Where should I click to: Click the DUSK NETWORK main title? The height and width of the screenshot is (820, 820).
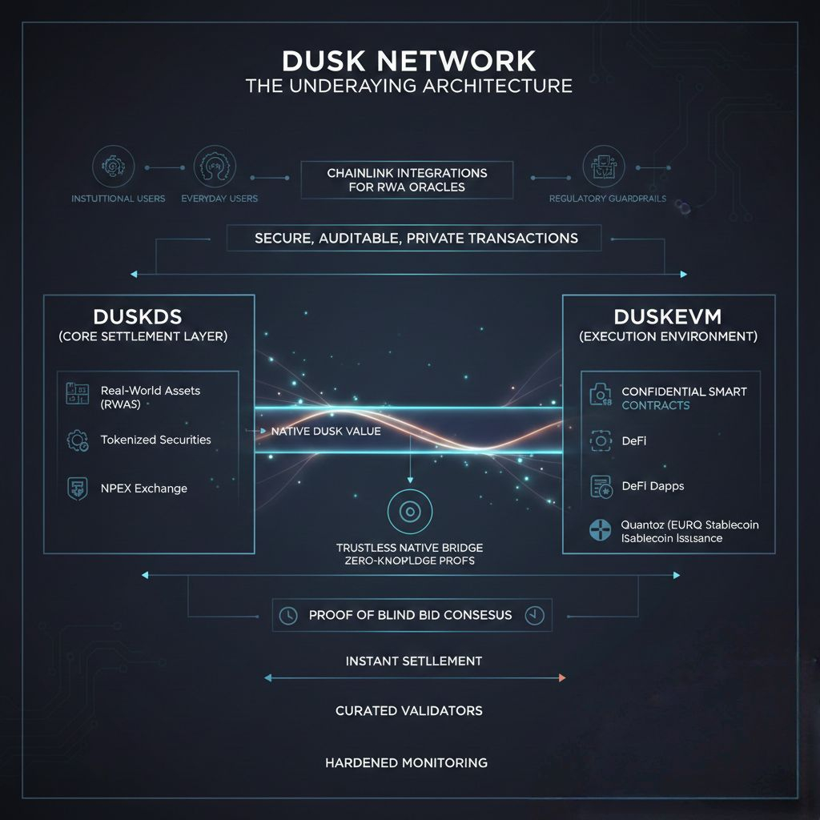point(409,62)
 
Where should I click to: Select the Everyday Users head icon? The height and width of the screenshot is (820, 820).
point(215,167)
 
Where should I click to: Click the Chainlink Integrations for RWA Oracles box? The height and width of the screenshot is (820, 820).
point(406,180)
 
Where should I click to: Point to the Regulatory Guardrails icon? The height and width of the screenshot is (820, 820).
point(603,167)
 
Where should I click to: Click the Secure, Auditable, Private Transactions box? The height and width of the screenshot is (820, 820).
point(416,238)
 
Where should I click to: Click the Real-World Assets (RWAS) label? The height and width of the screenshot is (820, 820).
point(151,396)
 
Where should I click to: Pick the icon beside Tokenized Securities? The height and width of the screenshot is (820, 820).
point(78,440)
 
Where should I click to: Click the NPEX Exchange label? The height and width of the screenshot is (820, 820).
point(144,488)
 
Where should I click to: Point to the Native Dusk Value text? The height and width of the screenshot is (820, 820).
point(326,431)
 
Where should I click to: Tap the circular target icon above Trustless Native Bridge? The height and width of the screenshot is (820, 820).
point(409,509)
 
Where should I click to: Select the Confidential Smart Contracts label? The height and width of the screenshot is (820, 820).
point(684,398)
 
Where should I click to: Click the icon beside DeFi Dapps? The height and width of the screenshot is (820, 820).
point(601,486)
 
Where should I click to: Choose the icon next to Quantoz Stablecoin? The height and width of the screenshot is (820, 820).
point(600,530)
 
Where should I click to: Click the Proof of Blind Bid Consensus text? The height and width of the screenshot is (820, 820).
point(410,615)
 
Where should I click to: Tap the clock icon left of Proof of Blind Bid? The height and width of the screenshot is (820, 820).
point(287,615)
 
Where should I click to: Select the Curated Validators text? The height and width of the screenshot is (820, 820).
point(408,710)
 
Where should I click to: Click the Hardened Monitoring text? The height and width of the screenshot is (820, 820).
point(406,762)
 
